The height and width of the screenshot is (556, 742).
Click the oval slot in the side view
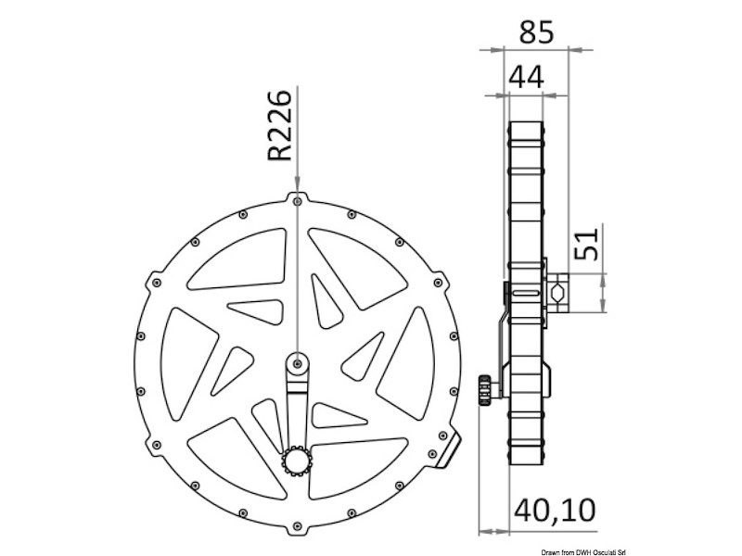point(524,293)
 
